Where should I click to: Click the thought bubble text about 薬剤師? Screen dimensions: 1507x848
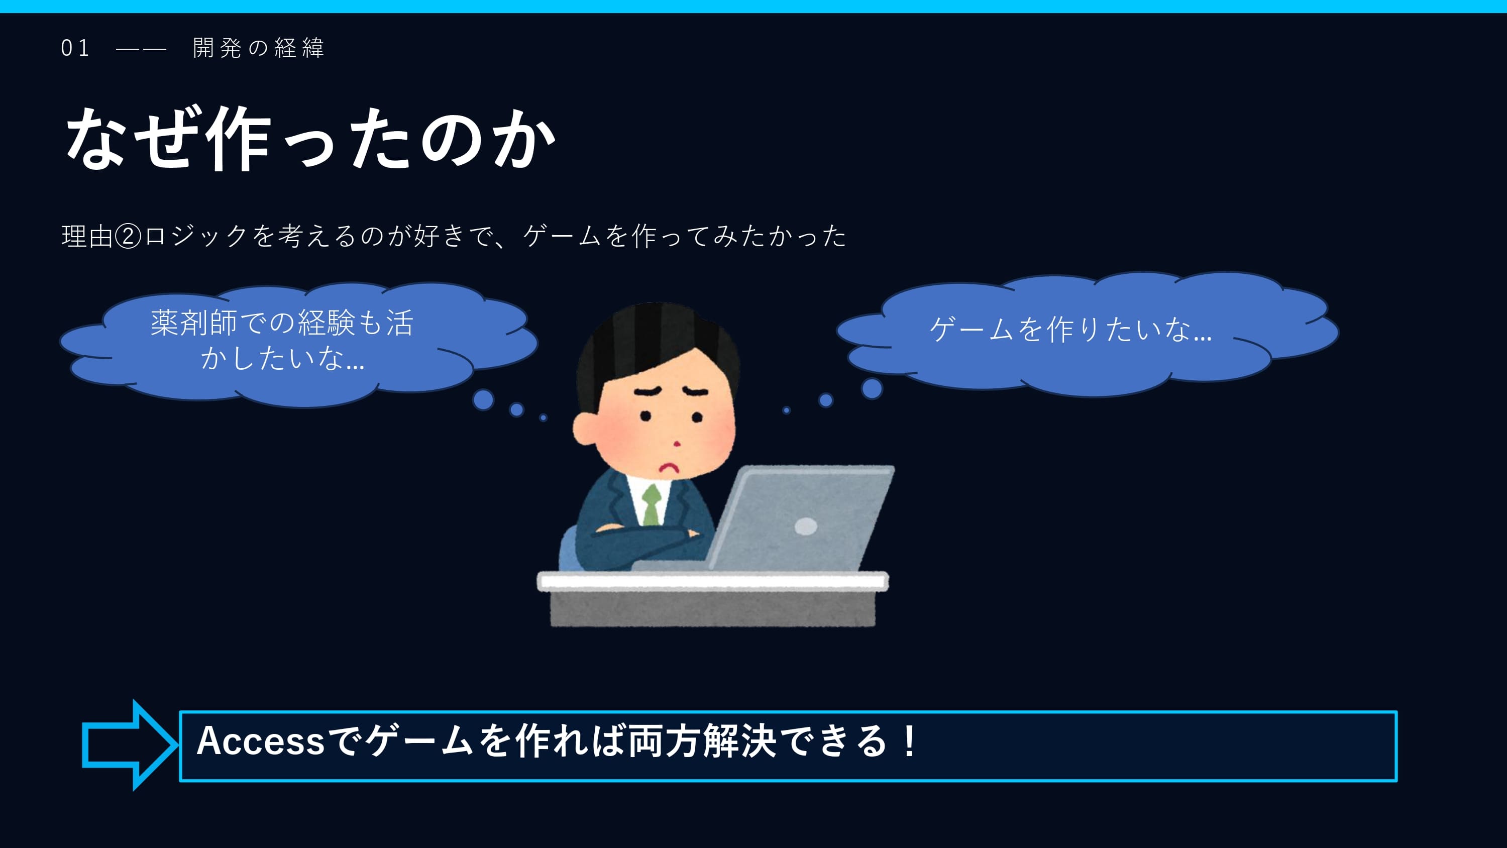coord(282,340)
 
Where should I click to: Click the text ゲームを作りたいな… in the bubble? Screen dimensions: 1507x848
coord(1070,329)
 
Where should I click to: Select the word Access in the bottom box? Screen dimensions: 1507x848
coord(261,741)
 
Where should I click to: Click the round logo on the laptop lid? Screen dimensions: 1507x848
coord(806,526)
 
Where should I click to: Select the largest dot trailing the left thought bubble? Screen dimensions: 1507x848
coord(483,400)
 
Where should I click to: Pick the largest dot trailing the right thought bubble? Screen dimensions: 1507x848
coord(872,388)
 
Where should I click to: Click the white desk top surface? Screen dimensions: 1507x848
coord(712,581)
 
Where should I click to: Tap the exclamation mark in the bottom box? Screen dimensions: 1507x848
coord(909,741)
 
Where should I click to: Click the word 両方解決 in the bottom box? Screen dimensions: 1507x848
coord(702,741)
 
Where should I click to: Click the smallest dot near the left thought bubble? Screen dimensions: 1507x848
coord(544,418)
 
